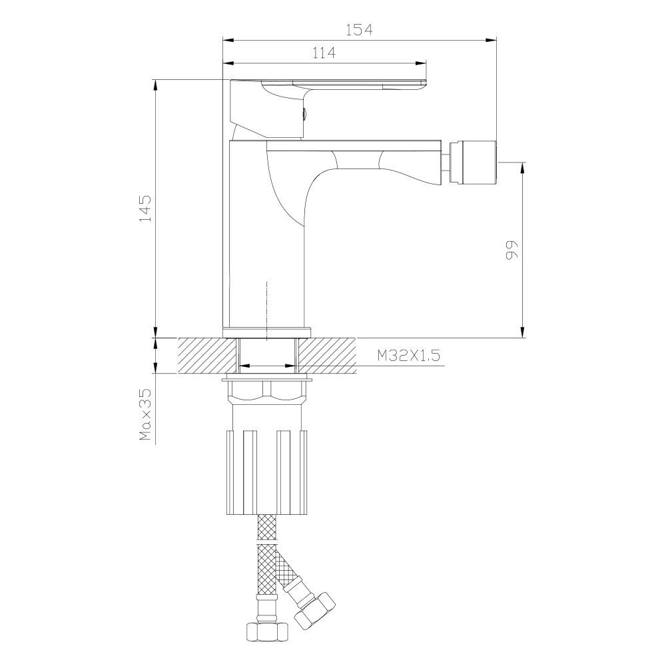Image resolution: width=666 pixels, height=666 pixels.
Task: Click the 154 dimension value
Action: pos(359,30)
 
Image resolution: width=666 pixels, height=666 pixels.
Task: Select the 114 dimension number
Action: pos(324,53)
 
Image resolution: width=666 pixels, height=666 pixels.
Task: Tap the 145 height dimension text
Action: pos(145,208)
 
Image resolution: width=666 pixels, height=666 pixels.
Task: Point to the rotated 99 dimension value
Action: pos(511,250)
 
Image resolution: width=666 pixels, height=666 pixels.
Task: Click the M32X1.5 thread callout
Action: pos(409,355)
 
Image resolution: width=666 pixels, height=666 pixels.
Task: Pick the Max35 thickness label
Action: pos(145,414)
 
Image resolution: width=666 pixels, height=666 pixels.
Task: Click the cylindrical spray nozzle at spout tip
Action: pos(473,162)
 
